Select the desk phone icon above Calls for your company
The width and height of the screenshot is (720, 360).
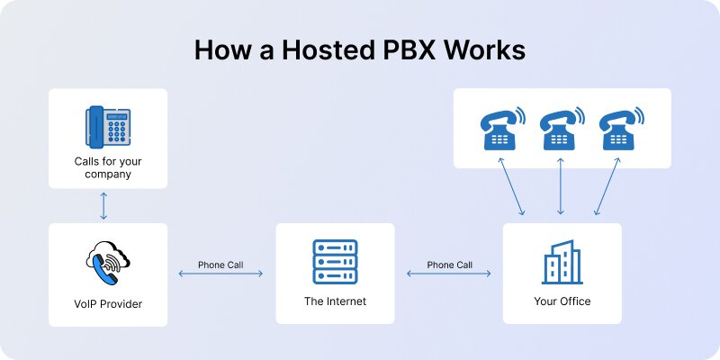pyautogui.click(x=108, y=127)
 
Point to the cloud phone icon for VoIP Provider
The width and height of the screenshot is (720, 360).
pyautogui.click(x=108, y=262)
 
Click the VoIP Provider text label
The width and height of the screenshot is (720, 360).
pyautogui.click(x=108, y=304)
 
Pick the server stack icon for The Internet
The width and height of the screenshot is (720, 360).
pyautogui.click(x=335, y=262)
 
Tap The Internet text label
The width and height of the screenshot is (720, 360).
pyautogui.click(x=335, y=301)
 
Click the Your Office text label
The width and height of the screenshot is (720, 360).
pyautogui.click(x=562, y=301)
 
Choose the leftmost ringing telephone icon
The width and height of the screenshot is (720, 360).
pyautogui.click(x=501, y=129)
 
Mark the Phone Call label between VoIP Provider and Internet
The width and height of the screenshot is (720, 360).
pyautogui.click(x=220, y=265)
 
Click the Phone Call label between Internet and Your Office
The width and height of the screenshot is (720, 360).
pyautogui.click(x=450, y=265)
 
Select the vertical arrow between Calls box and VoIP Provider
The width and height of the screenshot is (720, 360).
pyautogui.click(x=104, y=205)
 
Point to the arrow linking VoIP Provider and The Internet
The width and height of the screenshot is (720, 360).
pyautogui.click(x=220, y=274)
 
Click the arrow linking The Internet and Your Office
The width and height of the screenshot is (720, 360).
pyautogui.click(x=450, y=274)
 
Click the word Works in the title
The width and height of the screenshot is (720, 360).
pyautogui.click(x=487, y=50)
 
